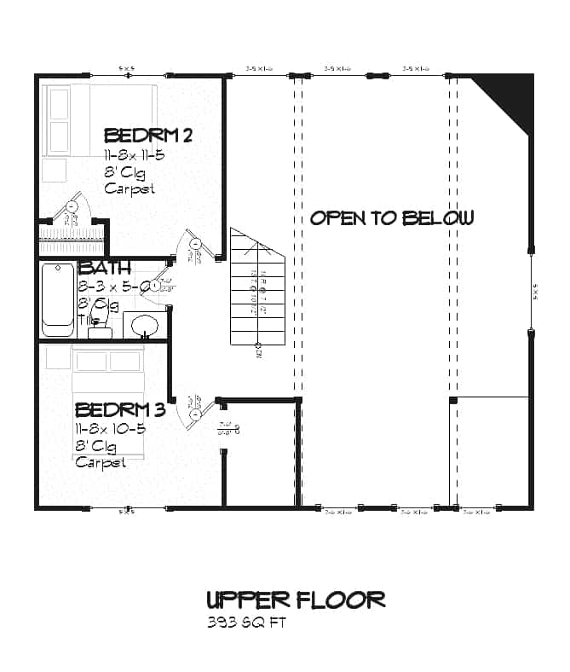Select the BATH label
[x=105, y=269]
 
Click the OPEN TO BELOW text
[x=391, y=218]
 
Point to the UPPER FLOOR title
[x=296, y=600]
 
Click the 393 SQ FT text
[x=245, y=623]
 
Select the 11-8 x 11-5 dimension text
[x=134, y=156]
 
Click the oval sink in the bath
[x=143, y=326]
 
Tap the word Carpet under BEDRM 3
[x=101, y=462]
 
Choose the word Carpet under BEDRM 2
[x=130, y=189]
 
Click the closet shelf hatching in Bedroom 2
[x=72, y=233]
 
